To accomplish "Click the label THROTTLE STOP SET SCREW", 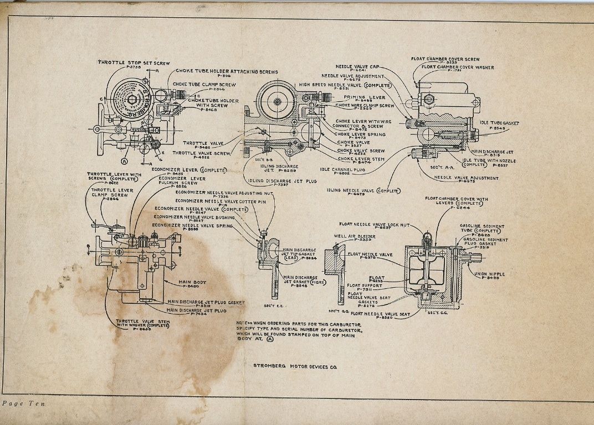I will tap(134, 63).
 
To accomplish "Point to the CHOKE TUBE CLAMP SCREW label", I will tap(204, 85).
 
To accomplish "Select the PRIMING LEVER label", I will tap(364, 97).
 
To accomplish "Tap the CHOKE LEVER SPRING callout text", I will tap(360, 134).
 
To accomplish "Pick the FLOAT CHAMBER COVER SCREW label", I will tap(445, 59).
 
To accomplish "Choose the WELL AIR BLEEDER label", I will tap(355, 236).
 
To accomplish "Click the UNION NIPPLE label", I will tap(489, 274).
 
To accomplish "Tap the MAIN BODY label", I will tap(192, 282).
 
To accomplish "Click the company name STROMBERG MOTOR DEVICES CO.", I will tap(294, 366).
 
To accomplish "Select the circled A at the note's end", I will tap(270, 340).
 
